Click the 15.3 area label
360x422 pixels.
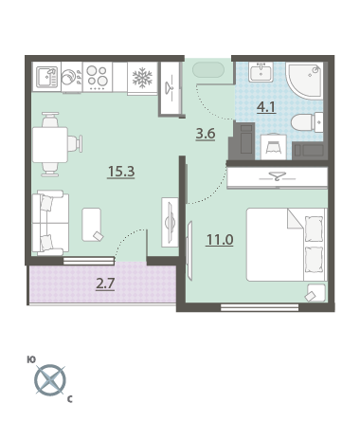tap(121, 172)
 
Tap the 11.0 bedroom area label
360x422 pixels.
tap(220, 240)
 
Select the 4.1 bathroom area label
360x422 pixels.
tap(266, 107)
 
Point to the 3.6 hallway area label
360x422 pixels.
tap(206, 134)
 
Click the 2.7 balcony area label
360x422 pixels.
tap(105, 284)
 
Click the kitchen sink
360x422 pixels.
tap(46, 77)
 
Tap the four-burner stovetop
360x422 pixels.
tap(98, 77)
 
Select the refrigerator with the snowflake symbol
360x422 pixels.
tap(142, 78)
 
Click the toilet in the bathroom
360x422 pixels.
tap(307, 122)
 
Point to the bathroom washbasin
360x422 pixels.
tap(261, 72)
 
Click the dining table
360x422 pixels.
tap(50, 144)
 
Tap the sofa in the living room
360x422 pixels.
tap(50, 223)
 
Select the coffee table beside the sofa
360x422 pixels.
tap(92, 225)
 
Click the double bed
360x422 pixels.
tap(286, 245)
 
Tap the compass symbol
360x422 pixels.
tap(50, 380)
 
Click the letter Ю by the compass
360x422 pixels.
tap(31, 359)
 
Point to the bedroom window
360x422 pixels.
tap(260, 307)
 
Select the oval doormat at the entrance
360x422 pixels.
tap(208, 69)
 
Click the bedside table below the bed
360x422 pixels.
tap(315, 293)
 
